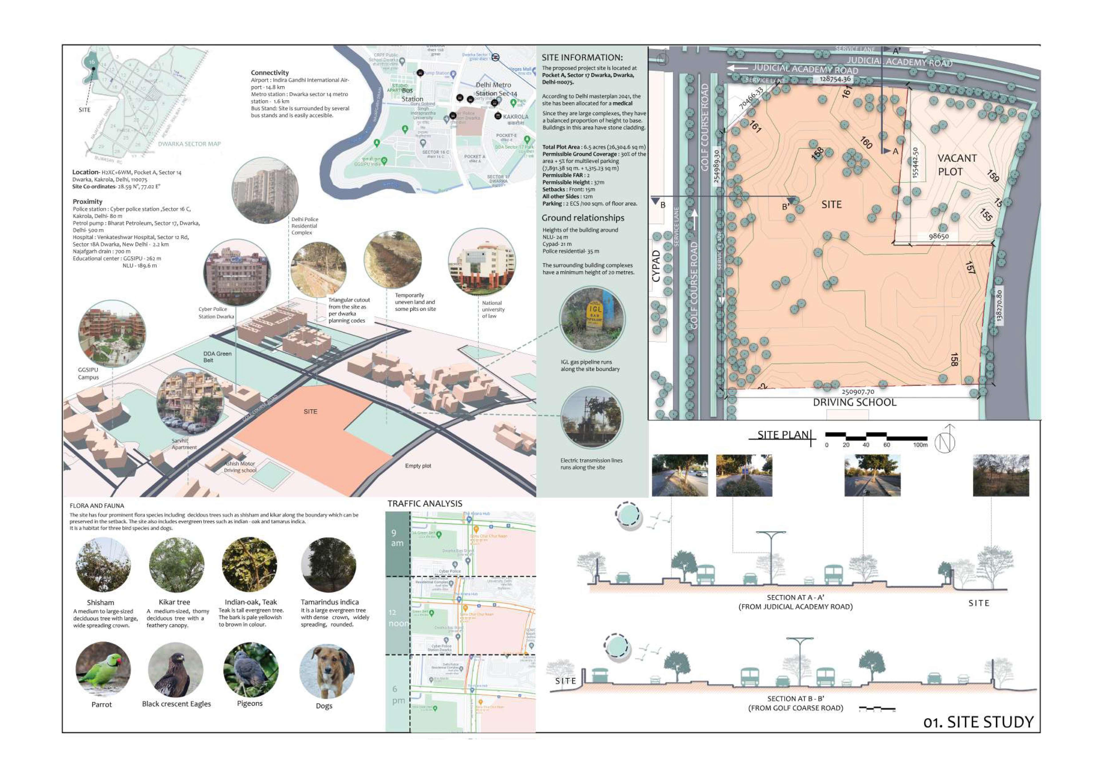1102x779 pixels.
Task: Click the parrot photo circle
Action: pyautogui.click(x=103, y=669)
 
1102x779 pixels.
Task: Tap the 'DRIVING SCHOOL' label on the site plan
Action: pyautogui.click(x=854, y=402)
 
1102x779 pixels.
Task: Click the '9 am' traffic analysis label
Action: pyautogui.click(x=397, y=538)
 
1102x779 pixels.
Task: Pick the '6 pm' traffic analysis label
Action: pyautogui.click(x=397, y=694)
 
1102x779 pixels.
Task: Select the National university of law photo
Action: pyautogui.click(x=481, y=262)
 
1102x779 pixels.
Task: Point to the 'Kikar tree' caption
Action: pyautogui.click(x=174, y=602)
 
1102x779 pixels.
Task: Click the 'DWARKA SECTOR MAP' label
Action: pyautogui.click(x=189, y=144)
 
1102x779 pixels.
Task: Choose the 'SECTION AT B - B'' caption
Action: pyautogui.click(x=795, y=699)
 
